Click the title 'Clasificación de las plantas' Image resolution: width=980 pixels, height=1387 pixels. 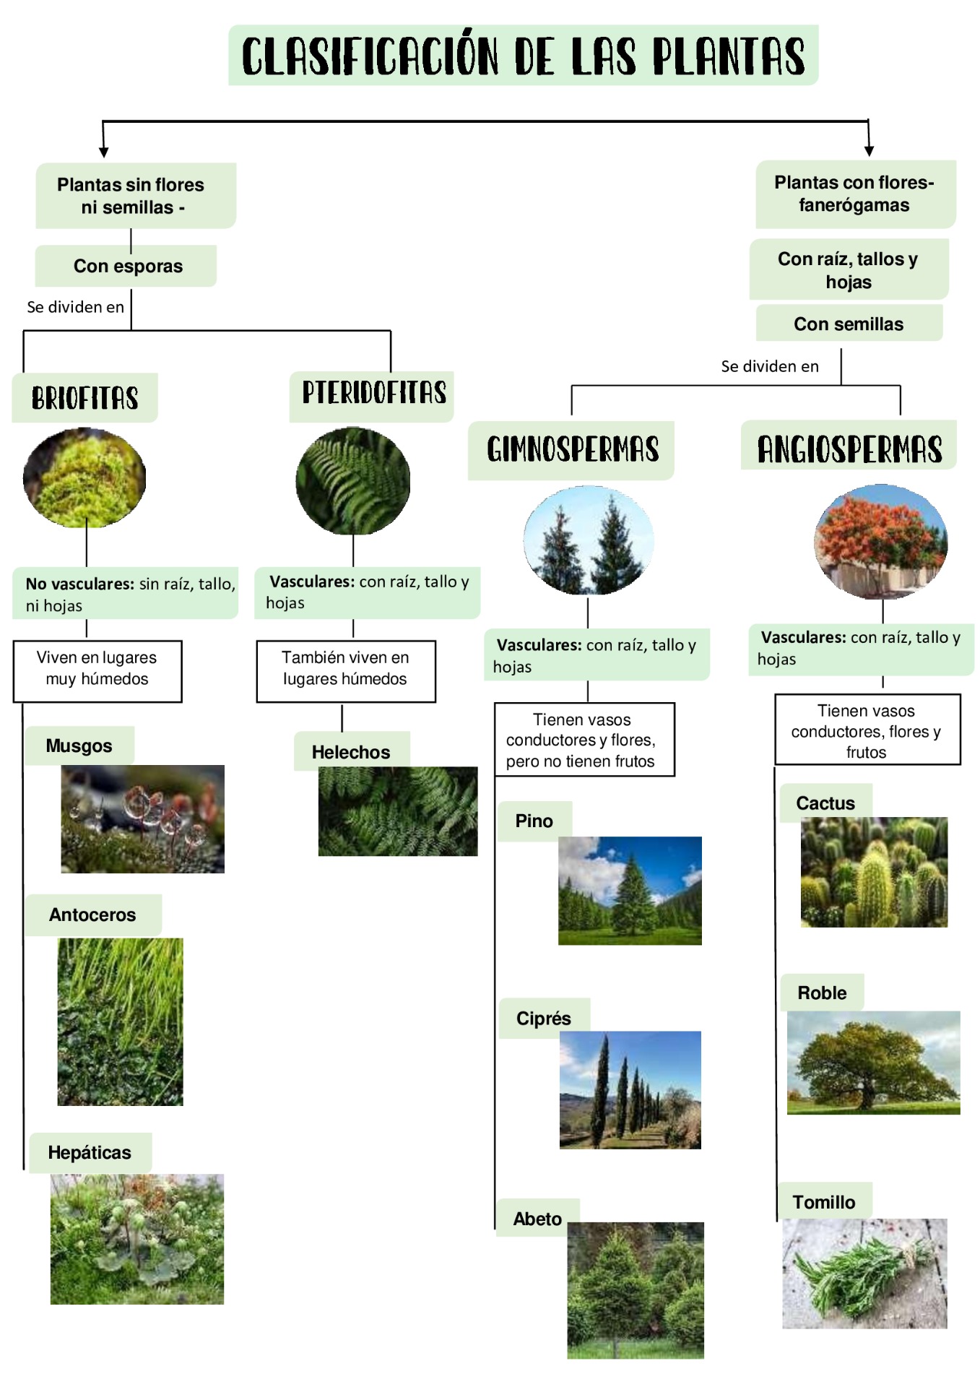(523, 56)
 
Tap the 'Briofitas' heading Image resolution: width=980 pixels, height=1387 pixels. (84, 397)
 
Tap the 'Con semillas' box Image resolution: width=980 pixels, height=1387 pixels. (849, 323)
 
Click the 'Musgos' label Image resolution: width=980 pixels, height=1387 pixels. (79, 746)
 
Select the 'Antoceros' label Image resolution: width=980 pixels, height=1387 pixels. (93, 915)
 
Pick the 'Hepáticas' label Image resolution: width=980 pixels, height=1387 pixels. (90, 1152)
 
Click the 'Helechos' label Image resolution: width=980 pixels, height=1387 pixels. (352, 751)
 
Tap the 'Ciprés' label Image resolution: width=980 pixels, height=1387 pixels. (544, 1018)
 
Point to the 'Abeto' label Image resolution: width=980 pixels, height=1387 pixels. (538, 1218)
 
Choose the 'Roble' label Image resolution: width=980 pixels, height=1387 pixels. (822, 993)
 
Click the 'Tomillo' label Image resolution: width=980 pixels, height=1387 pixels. (824, 1201)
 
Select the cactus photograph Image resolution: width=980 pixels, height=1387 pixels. (874, 872)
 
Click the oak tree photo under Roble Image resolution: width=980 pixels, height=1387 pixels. (873, 1063)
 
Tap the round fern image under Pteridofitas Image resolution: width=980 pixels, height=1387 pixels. (353, 481)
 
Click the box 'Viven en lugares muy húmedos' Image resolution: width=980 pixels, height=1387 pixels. (97, 671)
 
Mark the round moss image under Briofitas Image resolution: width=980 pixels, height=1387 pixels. (84, 477)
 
